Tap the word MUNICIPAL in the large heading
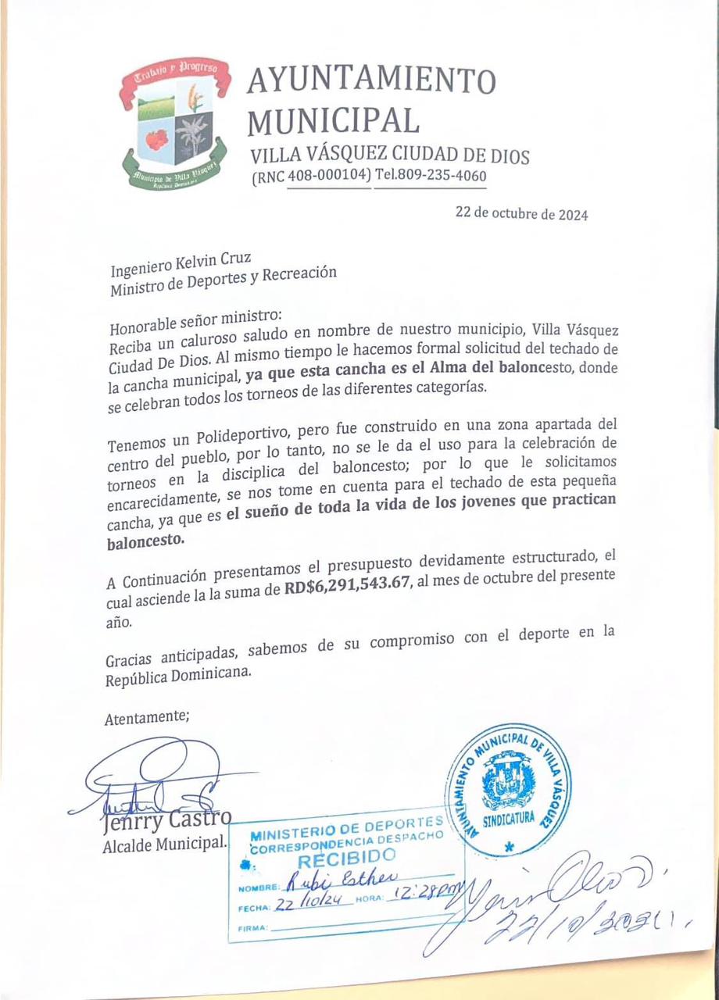click(x=334, y=120)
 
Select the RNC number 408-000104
click(x=328, y=177)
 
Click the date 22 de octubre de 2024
click(x=521, y=214)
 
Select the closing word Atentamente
click(x=147, y=719)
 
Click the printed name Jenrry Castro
click(x=166, y=820)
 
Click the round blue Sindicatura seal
click(x=508, y=788)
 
